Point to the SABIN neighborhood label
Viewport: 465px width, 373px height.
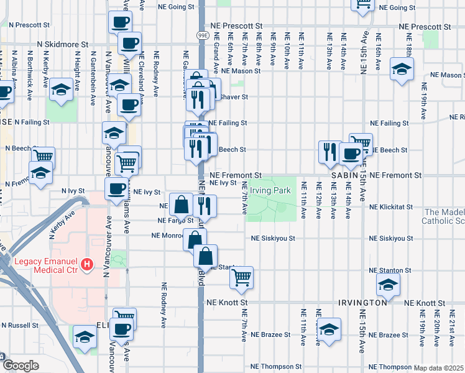coord(348,176)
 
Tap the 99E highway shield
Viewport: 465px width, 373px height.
coord(203,35)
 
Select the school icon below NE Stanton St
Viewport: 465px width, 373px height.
coord(388,285)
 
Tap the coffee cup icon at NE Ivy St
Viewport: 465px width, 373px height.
coord(116,189)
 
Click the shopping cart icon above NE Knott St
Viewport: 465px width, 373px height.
coord(241,278)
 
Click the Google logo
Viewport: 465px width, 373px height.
coord(21,366)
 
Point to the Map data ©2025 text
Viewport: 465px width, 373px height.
coord(439,368)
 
